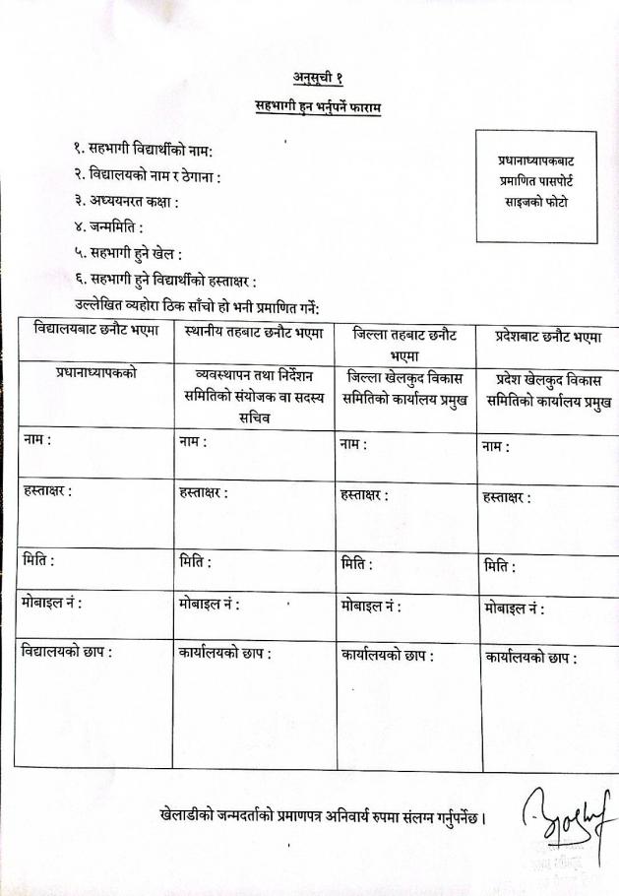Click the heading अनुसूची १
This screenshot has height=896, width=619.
[x=317, y=78]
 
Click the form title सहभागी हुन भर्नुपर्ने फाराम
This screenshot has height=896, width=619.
[x=317, y=106]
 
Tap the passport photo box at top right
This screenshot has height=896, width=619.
[x=535, y=186]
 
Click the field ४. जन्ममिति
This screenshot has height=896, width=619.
[x=108, y=227]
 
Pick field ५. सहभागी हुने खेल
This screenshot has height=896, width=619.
[x=128, y=254]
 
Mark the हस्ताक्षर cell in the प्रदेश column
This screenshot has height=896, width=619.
[x=549, y=514]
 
